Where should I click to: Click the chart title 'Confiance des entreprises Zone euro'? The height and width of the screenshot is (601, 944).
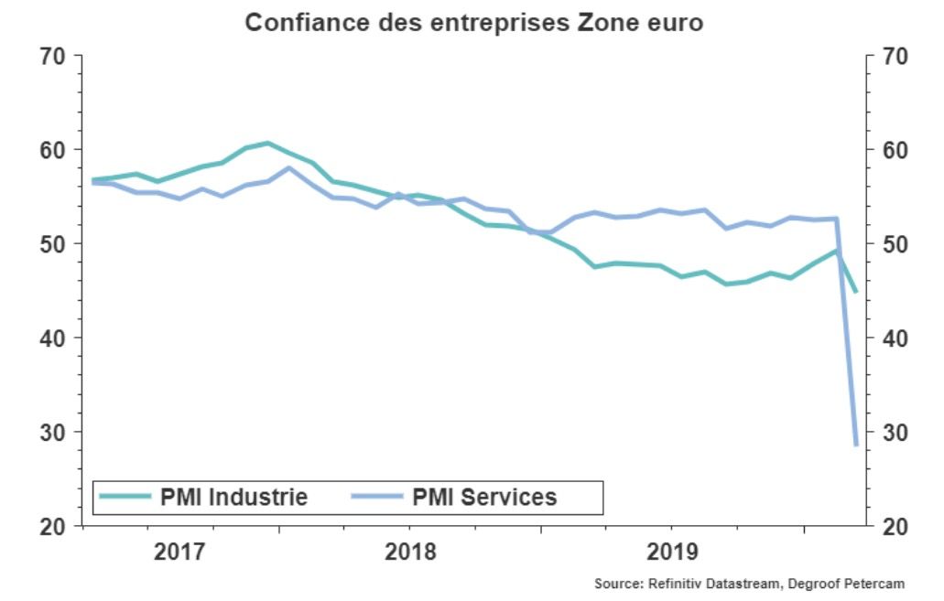click(x=473, y=22)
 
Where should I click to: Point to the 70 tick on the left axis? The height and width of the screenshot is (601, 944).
click(x=54, y=56)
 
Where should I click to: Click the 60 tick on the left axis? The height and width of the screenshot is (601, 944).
click(x=54, y=150)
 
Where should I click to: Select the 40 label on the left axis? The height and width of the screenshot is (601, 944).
click(x=54, y=338)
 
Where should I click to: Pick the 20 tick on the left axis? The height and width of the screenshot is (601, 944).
click(x=54, y=527)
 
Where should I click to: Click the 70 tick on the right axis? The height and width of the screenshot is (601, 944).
click(x=895, y=56)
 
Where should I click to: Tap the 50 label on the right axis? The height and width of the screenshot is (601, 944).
click(x=895, y=244)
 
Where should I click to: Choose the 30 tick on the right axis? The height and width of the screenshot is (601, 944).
click(x=895, y=433)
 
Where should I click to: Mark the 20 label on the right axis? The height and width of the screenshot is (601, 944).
click(x=895, y=527)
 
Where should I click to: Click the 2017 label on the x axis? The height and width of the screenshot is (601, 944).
click(x=179, y=553)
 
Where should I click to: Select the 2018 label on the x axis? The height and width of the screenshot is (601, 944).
click(x=410, y=553)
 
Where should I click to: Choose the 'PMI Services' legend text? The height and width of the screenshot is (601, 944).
click(x=484, y=498)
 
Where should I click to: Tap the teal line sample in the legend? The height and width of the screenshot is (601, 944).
click(x=125, y=497)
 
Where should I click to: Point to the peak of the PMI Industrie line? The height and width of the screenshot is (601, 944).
click(x=266, y=143)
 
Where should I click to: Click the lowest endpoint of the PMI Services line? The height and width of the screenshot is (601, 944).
click(x=856, y=445)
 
